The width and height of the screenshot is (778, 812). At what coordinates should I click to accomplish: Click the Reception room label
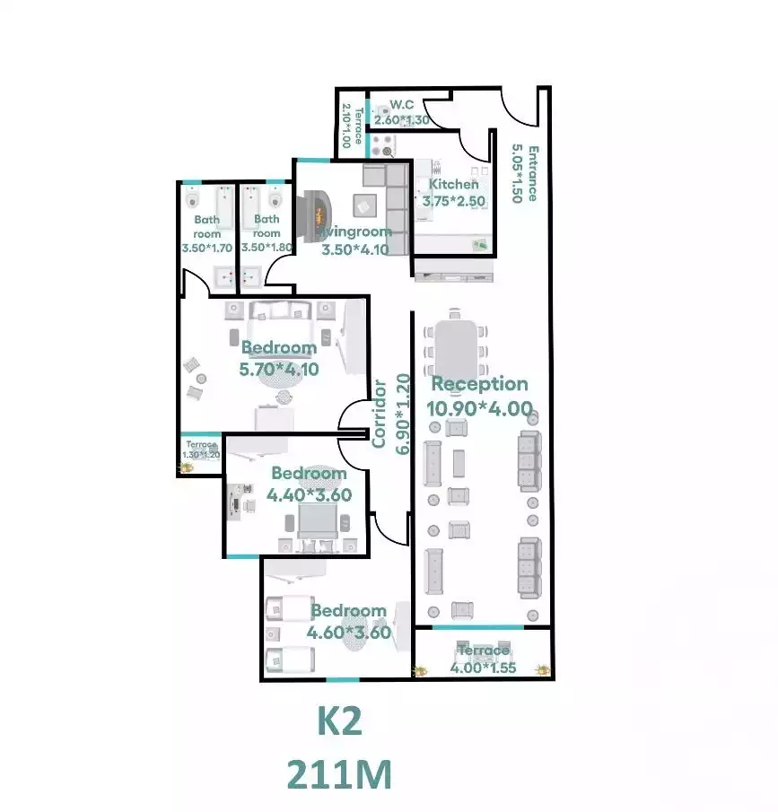pyautogui.click(x=480, y=384)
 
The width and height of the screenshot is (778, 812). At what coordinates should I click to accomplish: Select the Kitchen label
pyautogui.click(x=453, y=184)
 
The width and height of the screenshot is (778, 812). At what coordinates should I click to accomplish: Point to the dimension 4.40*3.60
pyautogui.click(x=309, y=493)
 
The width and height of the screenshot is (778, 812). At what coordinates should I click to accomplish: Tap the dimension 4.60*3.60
pyautogui.click(x=349, y=632)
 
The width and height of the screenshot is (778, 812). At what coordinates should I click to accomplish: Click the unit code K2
pyautogui.click(x=339, y=721)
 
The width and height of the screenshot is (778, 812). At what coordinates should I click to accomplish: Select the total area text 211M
pyautogui.click(x=339, y=773)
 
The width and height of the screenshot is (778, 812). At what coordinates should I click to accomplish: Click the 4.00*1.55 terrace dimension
pyautogui.click(x=485, y=667)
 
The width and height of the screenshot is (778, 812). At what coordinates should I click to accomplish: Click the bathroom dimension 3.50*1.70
pyautogui.click(x=206, y=248)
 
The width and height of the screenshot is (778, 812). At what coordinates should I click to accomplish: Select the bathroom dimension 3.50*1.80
pyautogui.click(x=267, y=248)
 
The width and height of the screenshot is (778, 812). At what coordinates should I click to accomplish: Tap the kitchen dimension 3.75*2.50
pyautogui.click(x=453, y=202)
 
